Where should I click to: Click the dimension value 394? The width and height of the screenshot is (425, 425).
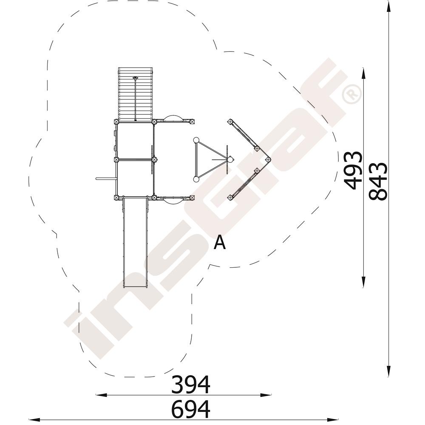190,384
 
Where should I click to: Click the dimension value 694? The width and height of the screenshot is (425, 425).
190,409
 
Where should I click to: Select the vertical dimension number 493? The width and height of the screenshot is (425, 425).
353,170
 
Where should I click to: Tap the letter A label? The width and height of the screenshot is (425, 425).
220,242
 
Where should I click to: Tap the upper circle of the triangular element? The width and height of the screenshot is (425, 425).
196,140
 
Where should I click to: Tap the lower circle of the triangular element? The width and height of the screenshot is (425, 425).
196,179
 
